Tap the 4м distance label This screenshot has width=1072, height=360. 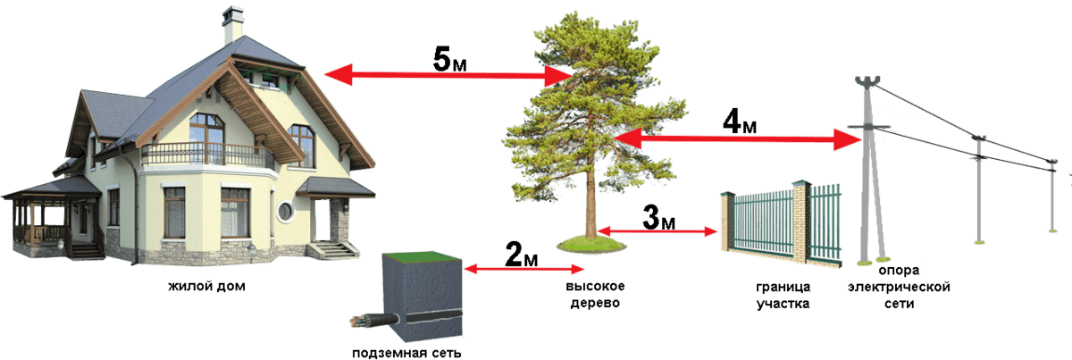click(740, 121)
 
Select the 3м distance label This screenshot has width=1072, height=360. click(658, 217)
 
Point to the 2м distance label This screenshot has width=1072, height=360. click(521, 255)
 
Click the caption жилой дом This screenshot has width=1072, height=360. click(206, 286)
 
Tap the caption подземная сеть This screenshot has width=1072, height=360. click(406, 353)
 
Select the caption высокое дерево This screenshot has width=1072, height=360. click(595, 295)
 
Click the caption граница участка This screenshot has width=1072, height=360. click(783, 295)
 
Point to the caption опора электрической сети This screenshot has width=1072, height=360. click(899, 287)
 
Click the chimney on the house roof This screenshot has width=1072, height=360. click(233, 25)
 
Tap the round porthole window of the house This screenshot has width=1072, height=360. click(285, 211)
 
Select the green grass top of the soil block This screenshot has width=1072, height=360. click(422, 256)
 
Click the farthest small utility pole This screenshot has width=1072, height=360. click(1051, 196)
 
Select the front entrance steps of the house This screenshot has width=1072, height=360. click(333, 250)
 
